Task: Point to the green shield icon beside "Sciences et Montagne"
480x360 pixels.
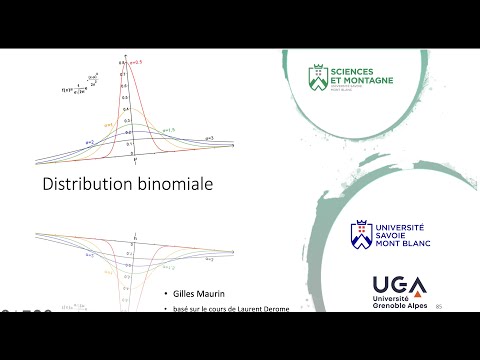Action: tap(317, 75)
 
